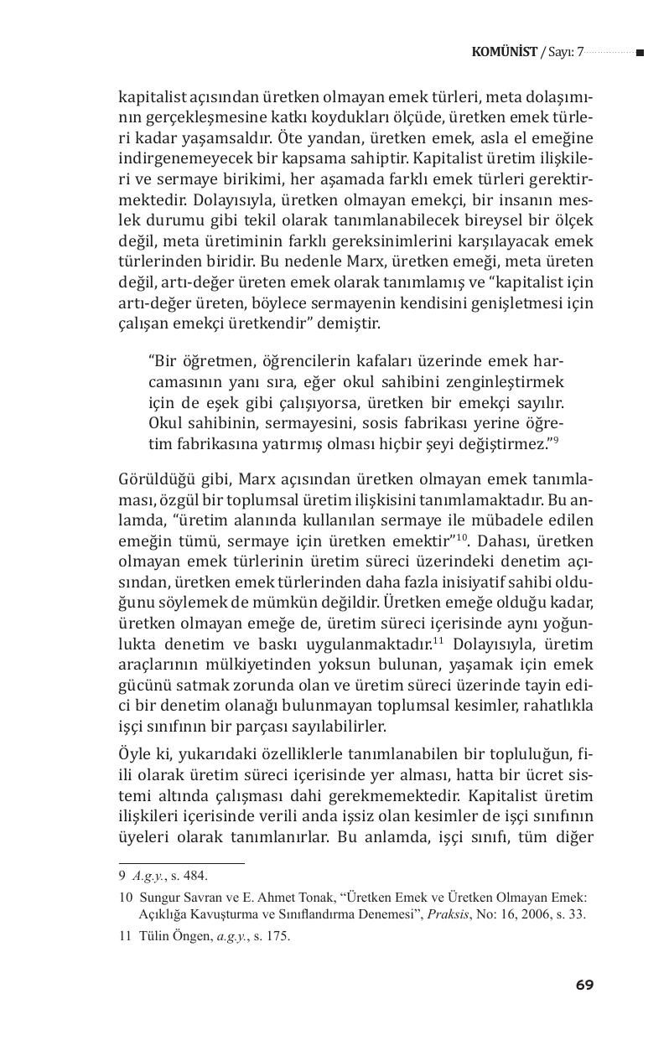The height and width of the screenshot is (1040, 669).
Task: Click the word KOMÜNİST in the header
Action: coord(505,53)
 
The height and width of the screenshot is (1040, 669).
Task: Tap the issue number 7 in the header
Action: coord(579,53)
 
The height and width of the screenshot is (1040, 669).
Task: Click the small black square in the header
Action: coord(640,53)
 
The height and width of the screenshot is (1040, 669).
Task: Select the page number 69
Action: coord(584,985)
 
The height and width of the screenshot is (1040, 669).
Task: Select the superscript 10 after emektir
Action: coord(460,537)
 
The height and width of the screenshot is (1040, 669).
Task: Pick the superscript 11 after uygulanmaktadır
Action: coord(438,639)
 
